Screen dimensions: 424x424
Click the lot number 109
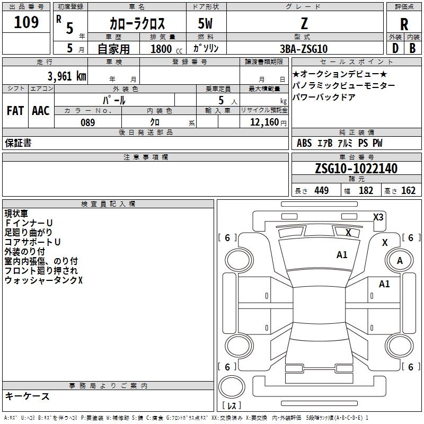26,23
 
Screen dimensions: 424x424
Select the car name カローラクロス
137,24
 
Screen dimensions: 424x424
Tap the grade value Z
304,23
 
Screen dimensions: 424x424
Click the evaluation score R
404,24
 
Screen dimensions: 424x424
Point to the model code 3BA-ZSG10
304,49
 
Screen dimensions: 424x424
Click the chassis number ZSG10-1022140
356,169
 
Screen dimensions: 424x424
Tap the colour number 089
87,122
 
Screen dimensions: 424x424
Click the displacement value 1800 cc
164,49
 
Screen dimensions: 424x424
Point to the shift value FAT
15,111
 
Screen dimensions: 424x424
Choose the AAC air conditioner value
41,111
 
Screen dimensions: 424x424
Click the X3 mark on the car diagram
378,217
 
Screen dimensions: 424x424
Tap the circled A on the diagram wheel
400,260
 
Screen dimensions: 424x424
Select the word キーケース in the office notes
27,396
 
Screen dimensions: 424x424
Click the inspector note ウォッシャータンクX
43,280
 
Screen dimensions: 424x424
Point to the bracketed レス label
231,406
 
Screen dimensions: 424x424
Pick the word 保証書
18,143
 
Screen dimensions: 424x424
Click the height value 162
408,191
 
